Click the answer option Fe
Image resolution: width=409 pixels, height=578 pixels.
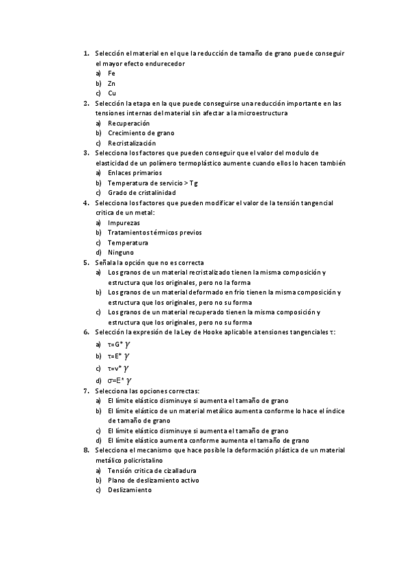point(111,73)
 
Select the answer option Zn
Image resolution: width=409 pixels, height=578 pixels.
point(111,83)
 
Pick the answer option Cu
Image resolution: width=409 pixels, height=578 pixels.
point(112,93)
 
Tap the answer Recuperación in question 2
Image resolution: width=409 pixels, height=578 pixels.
point(128,123)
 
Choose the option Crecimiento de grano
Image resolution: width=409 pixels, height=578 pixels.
point(141,133)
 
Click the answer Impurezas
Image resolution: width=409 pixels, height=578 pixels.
point(124,223)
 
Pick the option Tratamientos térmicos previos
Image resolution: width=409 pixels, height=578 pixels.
point(154,232)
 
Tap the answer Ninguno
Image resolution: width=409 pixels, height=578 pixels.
point(120,252)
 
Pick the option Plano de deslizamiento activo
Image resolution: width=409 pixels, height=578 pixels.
point(153,481)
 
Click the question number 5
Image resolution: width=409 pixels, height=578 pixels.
point(86,262)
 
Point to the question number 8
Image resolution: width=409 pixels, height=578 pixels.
point(86,451)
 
